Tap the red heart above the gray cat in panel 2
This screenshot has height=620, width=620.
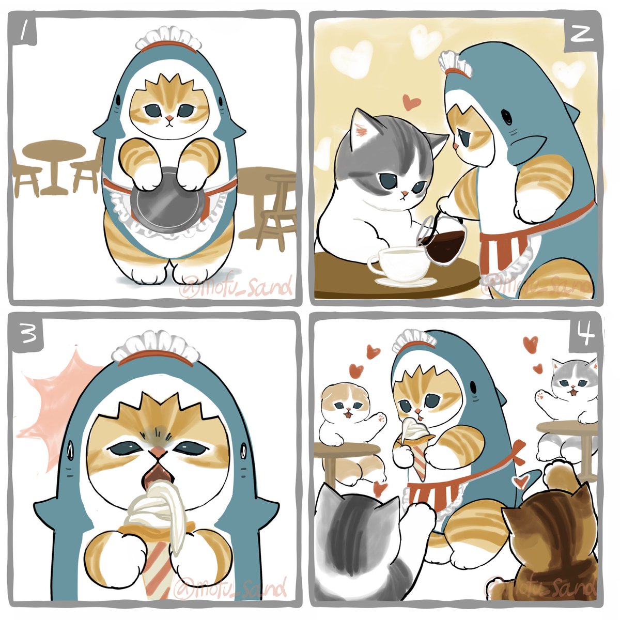point(411,102)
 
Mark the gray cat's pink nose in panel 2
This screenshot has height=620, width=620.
point(406,193)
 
